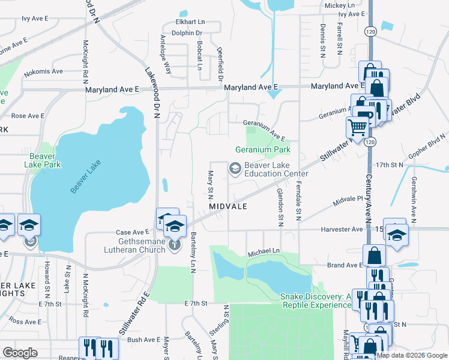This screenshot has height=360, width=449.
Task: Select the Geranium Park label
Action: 262,149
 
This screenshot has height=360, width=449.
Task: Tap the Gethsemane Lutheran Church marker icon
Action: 175,245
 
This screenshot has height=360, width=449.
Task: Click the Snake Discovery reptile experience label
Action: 315,301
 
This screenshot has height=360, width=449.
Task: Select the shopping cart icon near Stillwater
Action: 358,127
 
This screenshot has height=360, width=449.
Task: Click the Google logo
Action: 20,353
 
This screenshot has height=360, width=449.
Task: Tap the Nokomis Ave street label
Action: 43,71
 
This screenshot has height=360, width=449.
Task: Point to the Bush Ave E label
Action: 142,340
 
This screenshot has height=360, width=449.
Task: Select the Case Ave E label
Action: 132,232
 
